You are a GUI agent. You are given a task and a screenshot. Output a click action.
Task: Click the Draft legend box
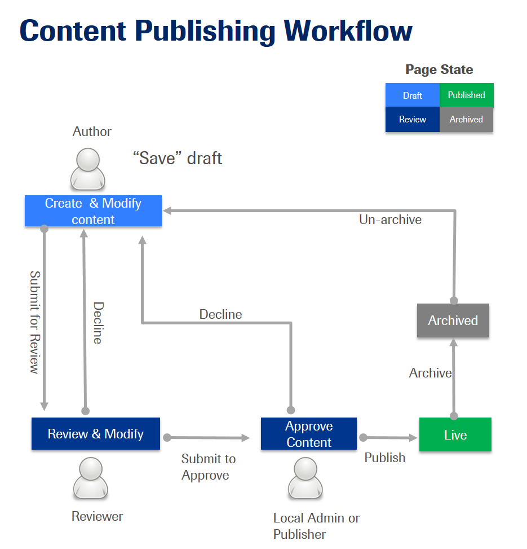pyautogui.click(x=412, y=95)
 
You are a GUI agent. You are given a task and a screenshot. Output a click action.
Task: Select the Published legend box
pyautogui.click(x=467, y=95)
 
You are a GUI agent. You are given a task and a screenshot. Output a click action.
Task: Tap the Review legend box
pyautogui.click(x=412, y=120)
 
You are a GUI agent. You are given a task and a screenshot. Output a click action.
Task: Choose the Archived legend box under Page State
pyautogui.click(x=467, y=120)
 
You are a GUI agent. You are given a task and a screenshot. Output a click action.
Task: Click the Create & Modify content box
pyautogui.click(x=93, y=211)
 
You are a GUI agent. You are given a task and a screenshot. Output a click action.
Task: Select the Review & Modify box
pyautogui.click(x=95, y=433)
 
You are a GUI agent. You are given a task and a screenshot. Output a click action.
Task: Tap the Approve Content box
pyautogui.click(x=309, y=433)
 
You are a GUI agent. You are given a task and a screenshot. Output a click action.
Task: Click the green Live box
pyautogui.click(x=455, y=434)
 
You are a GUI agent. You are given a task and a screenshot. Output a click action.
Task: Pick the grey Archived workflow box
pyautogui.click(x=453, y=320)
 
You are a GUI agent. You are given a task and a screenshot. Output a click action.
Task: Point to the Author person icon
pyautogui.click(x=88, y=169)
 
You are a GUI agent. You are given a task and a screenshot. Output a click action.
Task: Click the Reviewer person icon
pyautogui.click(x=91, y=478)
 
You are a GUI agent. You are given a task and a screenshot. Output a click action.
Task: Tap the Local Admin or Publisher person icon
pyautogui.click(x=305, y=478)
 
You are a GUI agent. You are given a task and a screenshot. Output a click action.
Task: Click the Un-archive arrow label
pyautogui.click(x=390, y=219)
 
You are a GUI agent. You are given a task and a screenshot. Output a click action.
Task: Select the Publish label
pyautogui.click(x=384, y=458)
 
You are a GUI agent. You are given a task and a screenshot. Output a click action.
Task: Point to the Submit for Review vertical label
pyautogui.click(x=35, y=322)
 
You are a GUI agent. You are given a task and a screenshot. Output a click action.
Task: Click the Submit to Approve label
pyautogui.click(x=209, y=467)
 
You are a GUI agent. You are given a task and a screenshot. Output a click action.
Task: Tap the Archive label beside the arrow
pyautogui.click(x=430, y=373)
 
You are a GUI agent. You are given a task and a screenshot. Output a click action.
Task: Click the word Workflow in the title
pyautogui.click(x=348, y=31)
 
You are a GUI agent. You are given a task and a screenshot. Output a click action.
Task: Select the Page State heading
pyautogui.click(x=439, y=69)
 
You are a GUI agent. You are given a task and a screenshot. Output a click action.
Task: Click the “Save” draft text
pyautogui.click(x=178, y=158)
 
